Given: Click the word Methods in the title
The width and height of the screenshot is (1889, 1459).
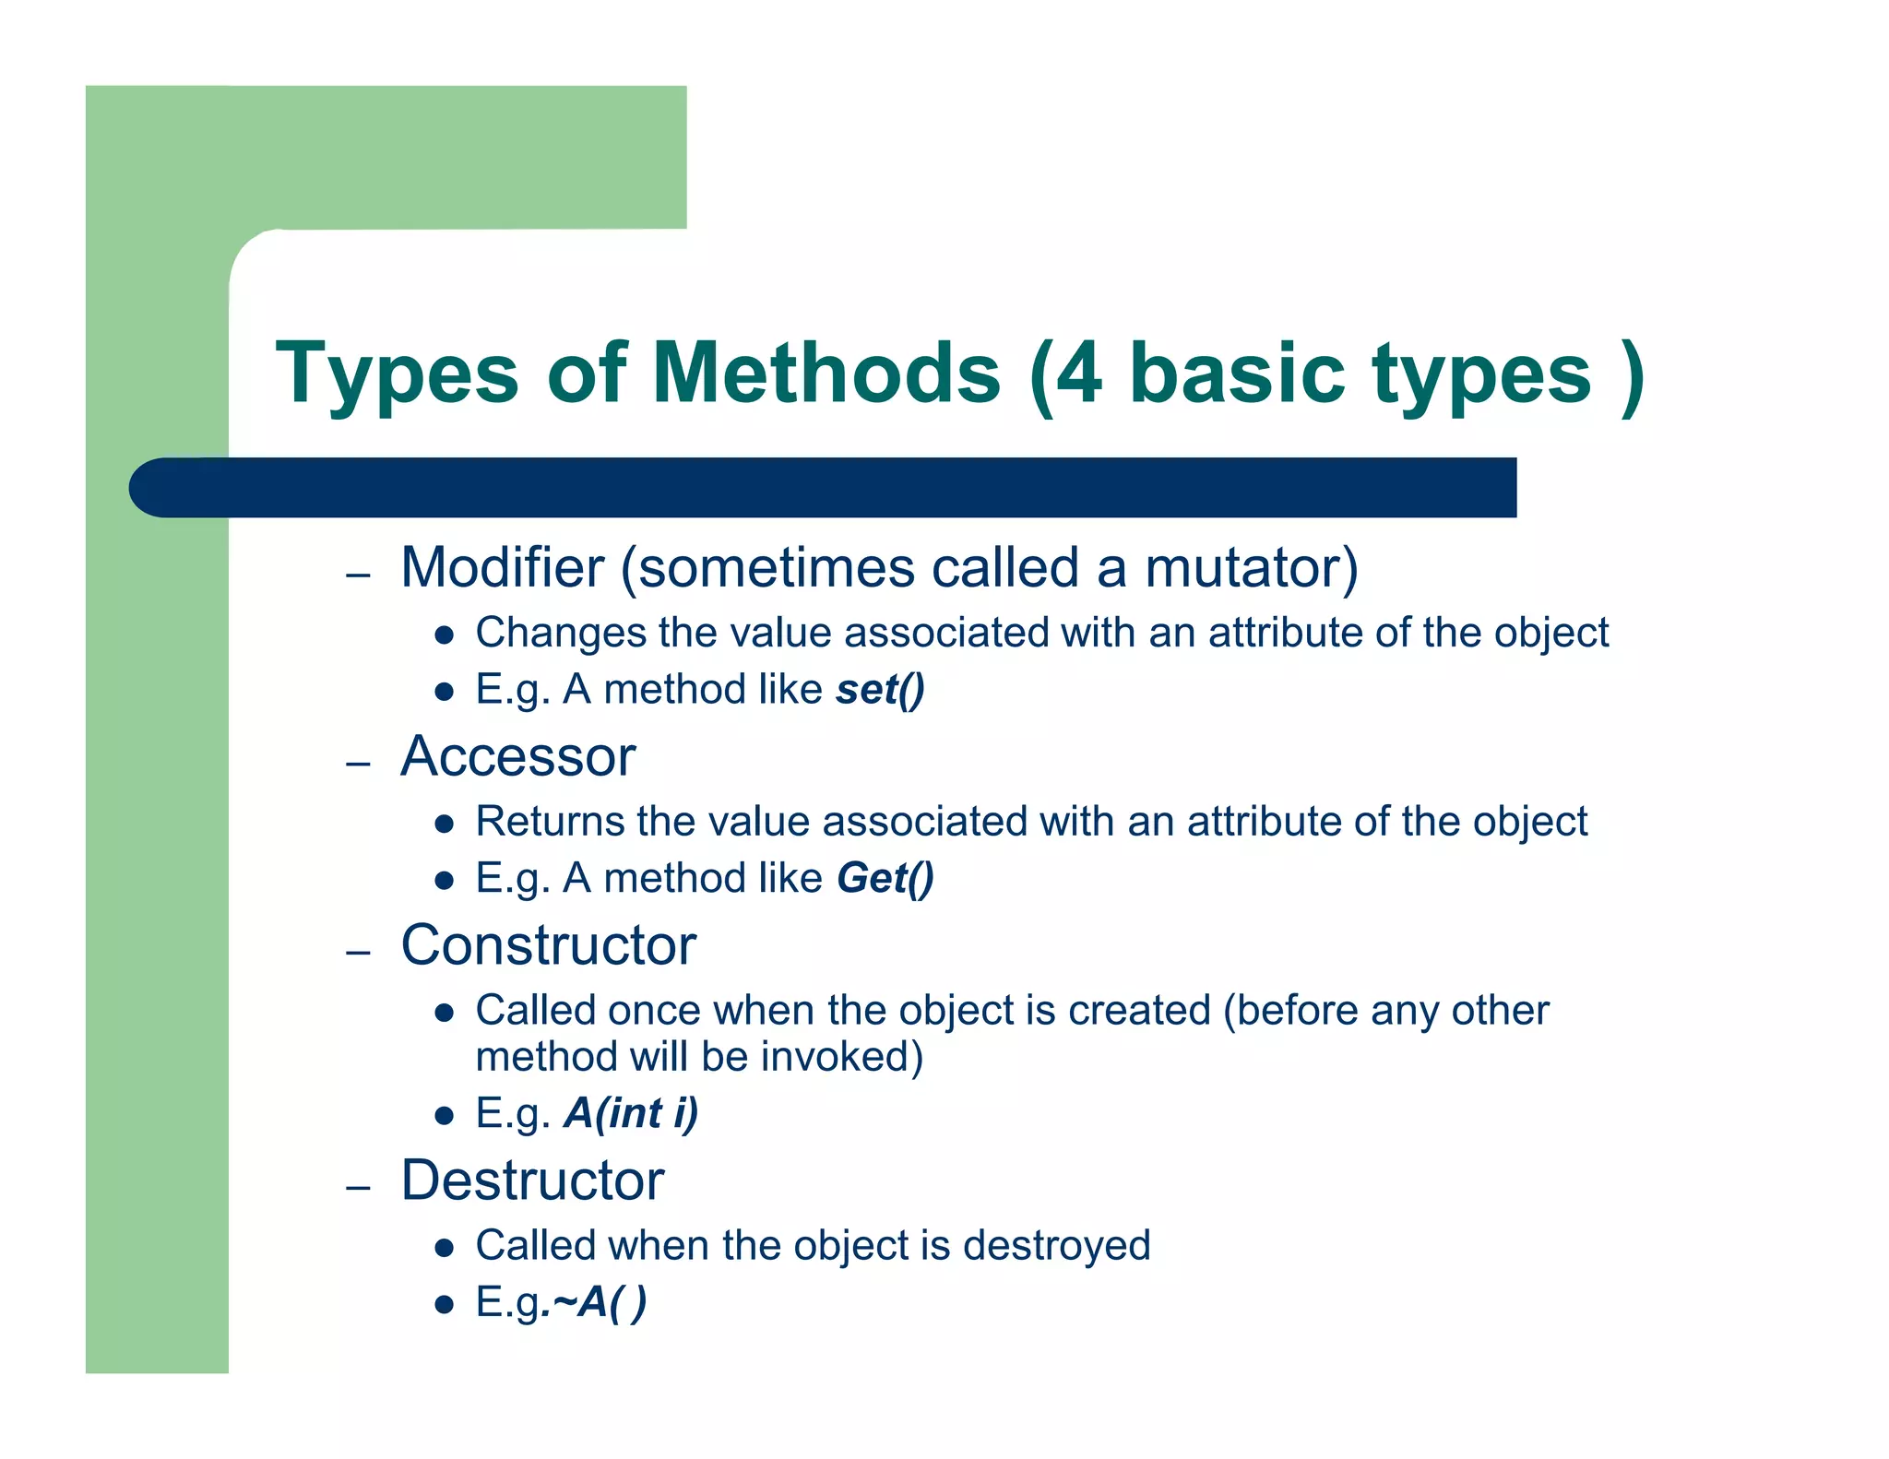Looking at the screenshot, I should pyautogui.click(x=826, y=374).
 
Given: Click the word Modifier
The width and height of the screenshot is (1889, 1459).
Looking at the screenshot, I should pyautogui.click(x=502, y=567).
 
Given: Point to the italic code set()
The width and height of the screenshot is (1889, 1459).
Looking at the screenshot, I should pyautogui.click(x=880, y=690).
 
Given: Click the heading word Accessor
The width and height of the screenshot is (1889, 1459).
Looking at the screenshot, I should pyautogui.click(x=517, y=757).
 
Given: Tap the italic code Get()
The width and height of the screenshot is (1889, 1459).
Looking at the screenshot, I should pyautogui.click(x=885, y=878).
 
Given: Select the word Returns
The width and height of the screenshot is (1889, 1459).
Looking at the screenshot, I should pyautogui.click(x=550, y=821).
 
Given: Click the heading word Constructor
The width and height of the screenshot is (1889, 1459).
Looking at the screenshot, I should pyautogui.click(x=548, y=945).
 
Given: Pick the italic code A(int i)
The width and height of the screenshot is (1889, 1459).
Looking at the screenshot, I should pyautogui.click(x=631, y=1113).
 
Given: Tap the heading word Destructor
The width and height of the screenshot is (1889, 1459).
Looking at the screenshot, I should pyautogui.click(x=532, y=1180).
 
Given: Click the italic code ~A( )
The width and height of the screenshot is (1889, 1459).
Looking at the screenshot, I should pyautogui.click(x=598, y=1303).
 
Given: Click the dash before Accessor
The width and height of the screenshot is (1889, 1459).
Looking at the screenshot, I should pyautogui.click(x=358, y=764).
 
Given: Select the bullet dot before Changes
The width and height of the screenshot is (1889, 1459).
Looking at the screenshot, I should pyautogui.click(x=445, y=635).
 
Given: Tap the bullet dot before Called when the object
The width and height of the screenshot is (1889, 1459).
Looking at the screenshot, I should pyautogui.click(x=445, y=1248).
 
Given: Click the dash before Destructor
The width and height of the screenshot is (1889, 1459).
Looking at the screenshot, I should pyautogui.click(x=358, y=1187).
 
